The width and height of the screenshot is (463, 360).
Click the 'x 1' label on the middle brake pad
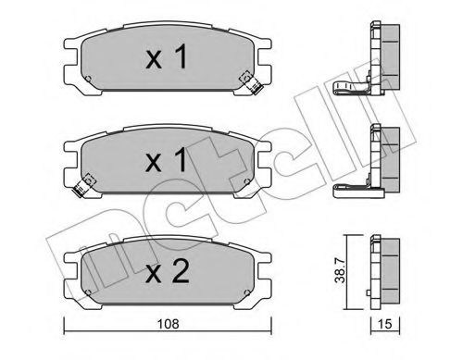168,161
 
